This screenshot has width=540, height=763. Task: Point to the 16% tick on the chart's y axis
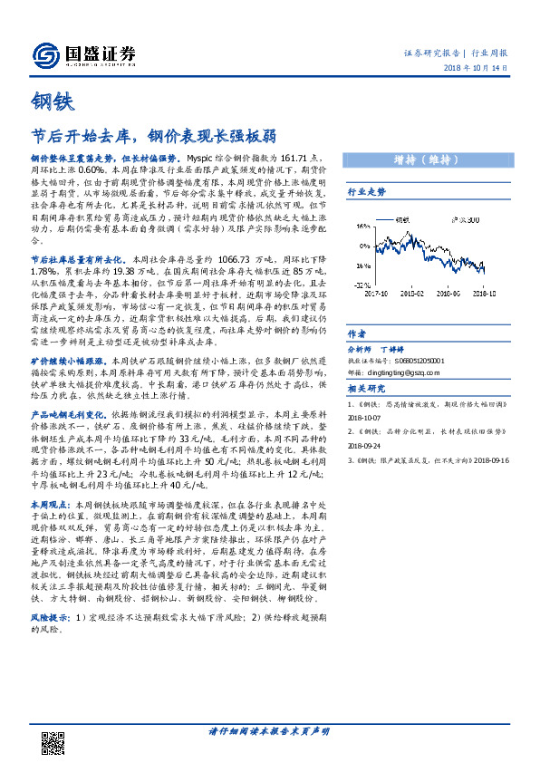click(x=359, y=227)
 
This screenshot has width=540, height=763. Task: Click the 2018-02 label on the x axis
click(x=412, y=293)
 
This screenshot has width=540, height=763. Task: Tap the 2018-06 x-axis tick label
click(x=448, y=293)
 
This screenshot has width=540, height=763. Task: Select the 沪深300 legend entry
click(x=466, y=220)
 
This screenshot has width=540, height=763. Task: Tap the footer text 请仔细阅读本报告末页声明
click(x=269, y=730)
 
